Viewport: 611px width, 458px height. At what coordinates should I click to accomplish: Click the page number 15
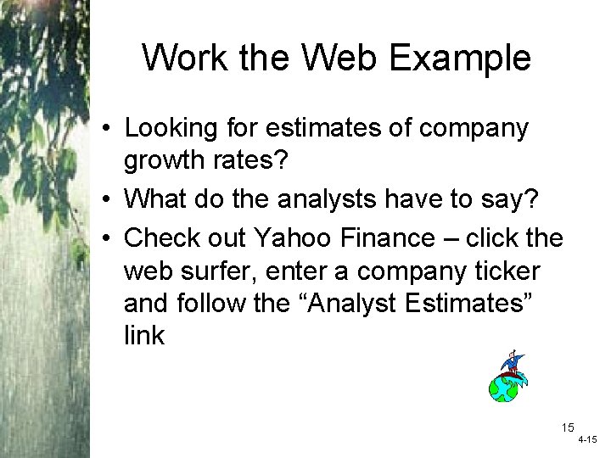point(568,428)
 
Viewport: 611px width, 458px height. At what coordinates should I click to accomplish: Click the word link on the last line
point(144,335)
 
